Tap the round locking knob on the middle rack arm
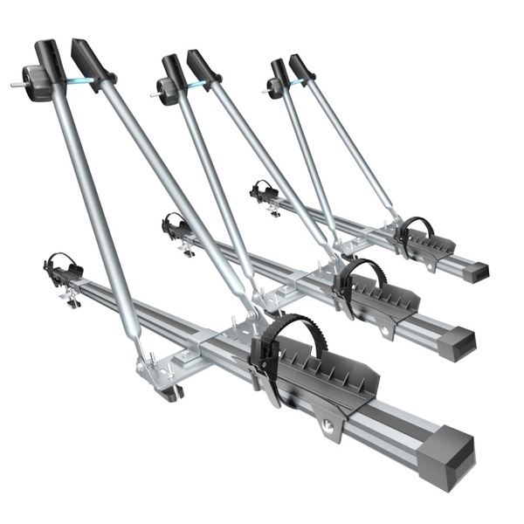[169, 90]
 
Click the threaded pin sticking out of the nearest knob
[17, 86]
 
